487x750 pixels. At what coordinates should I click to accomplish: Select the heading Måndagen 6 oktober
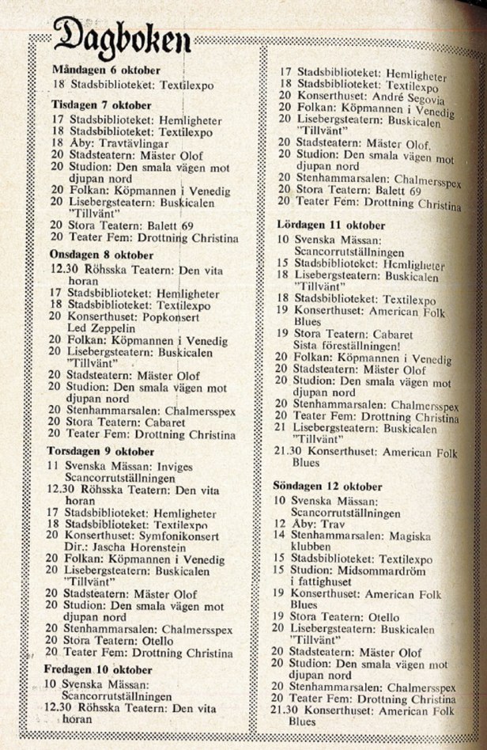click(106, 69)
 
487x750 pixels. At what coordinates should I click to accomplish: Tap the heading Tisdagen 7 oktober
click(102, 105)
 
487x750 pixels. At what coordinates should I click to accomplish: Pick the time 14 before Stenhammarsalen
click(279, 535)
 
